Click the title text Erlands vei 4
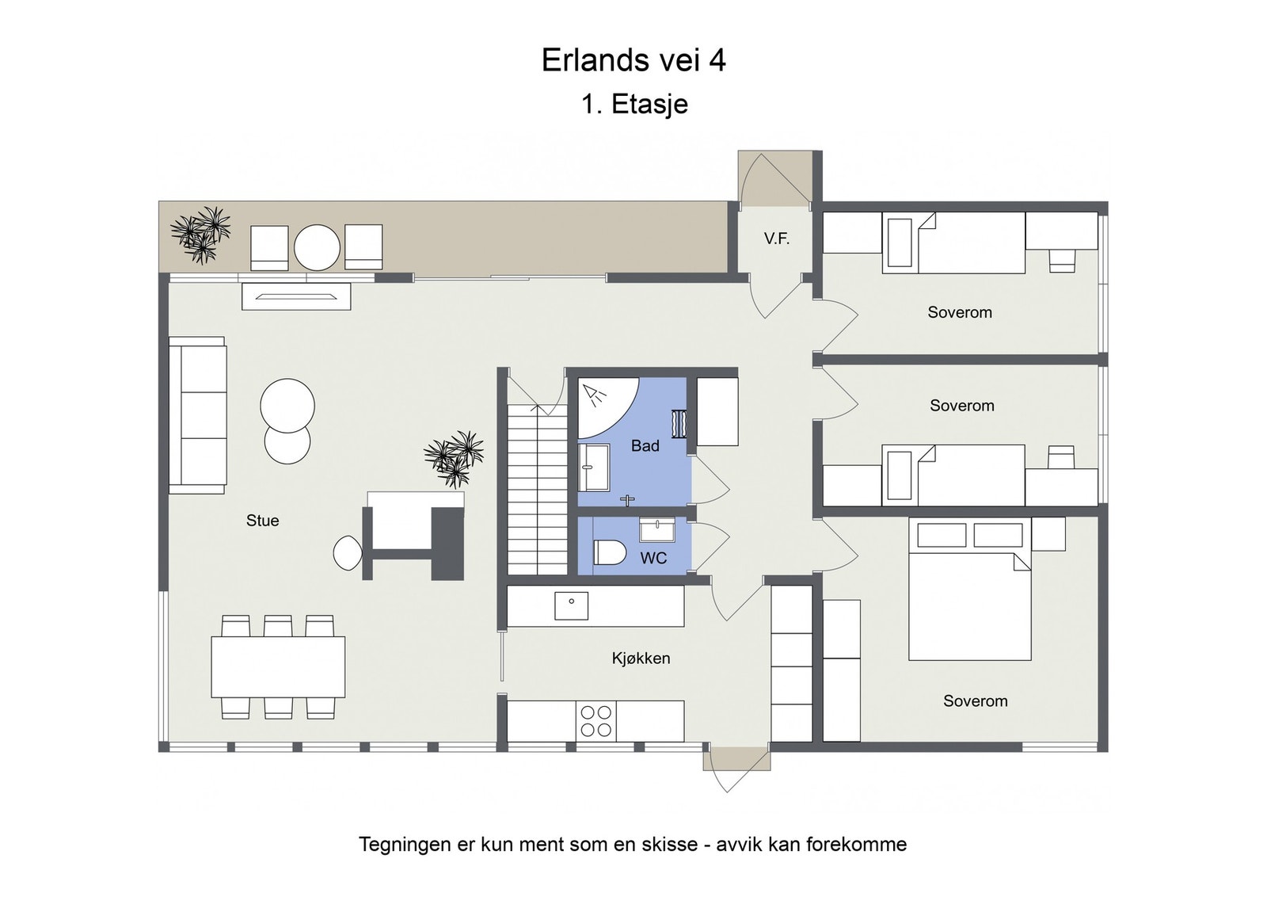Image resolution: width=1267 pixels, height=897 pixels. pos(633,61)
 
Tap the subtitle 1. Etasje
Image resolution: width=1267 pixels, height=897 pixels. pos(634,104)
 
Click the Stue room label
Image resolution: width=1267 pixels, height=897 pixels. pos(262,521)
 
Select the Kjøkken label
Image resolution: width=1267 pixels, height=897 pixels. pos(641,658)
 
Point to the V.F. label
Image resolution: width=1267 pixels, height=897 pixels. pos(776,239)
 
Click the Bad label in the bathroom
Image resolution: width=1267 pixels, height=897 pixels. pos(645,446)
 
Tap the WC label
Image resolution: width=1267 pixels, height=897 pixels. pos(653,558)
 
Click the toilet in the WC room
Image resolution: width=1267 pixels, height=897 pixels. pos(609,552)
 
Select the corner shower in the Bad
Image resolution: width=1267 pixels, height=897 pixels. pos(602,404)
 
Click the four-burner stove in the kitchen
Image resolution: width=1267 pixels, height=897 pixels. pos(596,721)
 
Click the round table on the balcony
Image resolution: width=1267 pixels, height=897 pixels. pos(317,247)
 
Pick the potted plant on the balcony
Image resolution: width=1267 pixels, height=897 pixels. pos(200,234)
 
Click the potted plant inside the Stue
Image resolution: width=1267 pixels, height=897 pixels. pos(455,458)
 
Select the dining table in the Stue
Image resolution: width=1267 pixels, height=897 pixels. pos(278,667)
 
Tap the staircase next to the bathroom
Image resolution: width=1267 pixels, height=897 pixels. pos(536,491)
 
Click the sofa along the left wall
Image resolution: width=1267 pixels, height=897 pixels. pos(197,414)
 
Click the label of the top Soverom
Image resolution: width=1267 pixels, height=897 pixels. pos(959,312)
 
